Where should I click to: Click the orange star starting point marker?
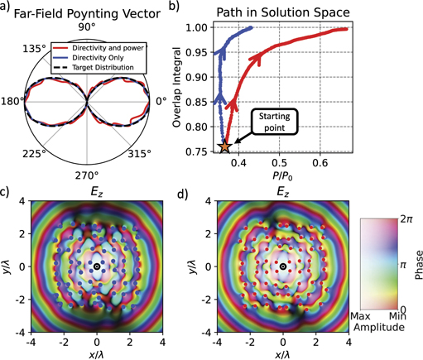225,146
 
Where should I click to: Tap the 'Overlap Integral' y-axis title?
177,85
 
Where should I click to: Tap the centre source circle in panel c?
97,266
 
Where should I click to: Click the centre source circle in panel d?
282,266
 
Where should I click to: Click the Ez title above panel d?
283,191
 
